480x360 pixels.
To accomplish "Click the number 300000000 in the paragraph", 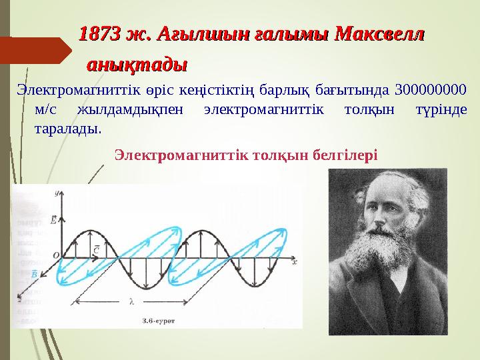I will click(x=431, y=90).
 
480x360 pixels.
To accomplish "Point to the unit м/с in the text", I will click(x=44, y=109).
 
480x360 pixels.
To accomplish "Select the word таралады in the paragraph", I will click(x=67, y=127).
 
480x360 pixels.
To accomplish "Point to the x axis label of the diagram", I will click(x=294, y=258).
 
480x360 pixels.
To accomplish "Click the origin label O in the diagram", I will click(x=55, y=255).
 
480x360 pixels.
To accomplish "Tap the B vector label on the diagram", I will click(x=34, y=273).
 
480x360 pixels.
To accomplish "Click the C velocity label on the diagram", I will click(x=97, y=249).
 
